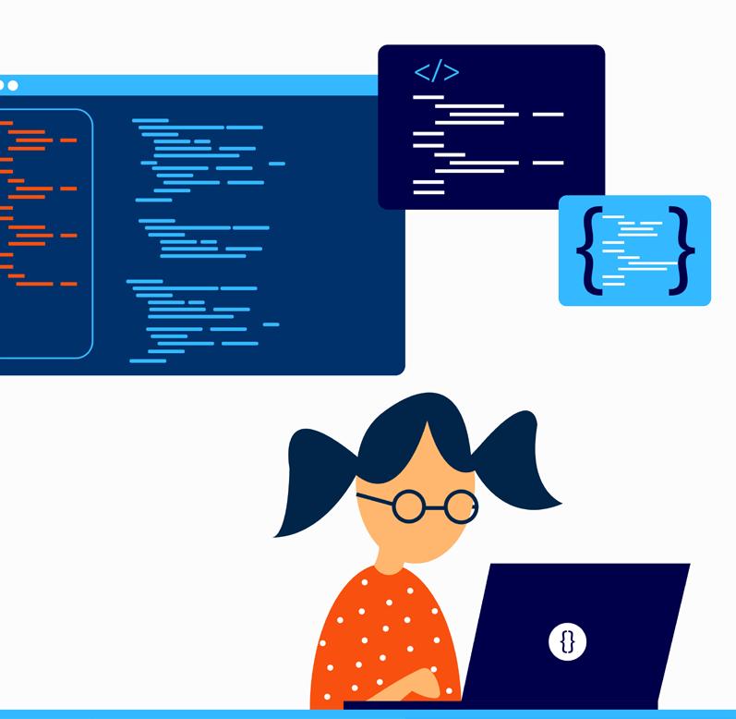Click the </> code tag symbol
pos(436,72)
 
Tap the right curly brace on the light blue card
pos(684,250)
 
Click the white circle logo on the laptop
pos(568,640)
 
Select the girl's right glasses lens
pos(460,506)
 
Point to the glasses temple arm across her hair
pos(373,499)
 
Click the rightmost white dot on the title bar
pos(13,85)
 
